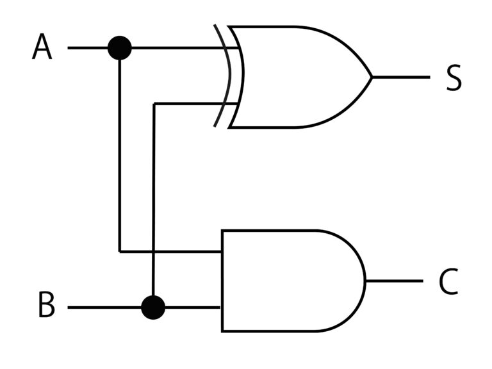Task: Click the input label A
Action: point(42,47)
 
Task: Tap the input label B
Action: point(46,305)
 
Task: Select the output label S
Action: point(454,78)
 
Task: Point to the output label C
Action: point(448,281)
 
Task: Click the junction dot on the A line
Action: point(120,48)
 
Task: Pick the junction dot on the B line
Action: point(153,307)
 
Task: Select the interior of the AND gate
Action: point(289,281)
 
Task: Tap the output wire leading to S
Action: point(401,77)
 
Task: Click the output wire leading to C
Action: point(395,281)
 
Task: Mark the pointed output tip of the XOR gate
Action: point(372,77)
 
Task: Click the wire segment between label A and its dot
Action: point(88,48)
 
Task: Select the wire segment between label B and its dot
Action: point(104,307)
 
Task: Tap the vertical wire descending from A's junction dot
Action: point(120,156)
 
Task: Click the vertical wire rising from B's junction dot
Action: point(154,200)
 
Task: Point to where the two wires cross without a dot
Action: point(153,252)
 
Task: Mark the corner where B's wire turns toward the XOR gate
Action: point(154,104)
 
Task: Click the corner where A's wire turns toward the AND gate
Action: point(120,252)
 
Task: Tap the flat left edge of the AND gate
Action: point(222,281)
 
